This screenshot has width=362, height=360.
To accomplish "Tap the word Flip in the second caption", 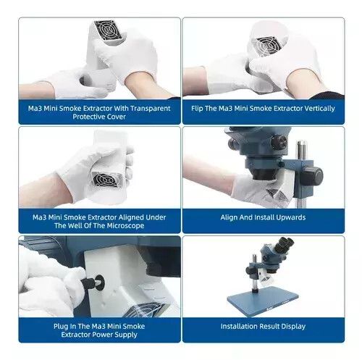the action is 197,109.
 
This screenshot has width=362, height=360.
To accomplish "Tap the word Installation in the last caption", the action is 238,327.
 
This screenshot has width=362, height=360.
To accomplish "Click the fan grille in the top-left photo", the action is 109,30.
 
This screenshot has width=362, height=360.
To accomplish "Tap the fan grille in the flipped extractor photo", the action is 268,46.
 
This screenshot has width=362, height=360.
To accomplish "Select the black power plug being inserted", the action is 93,282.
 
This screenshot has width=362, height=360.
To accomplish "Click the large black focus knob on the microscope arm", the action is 313,175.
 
